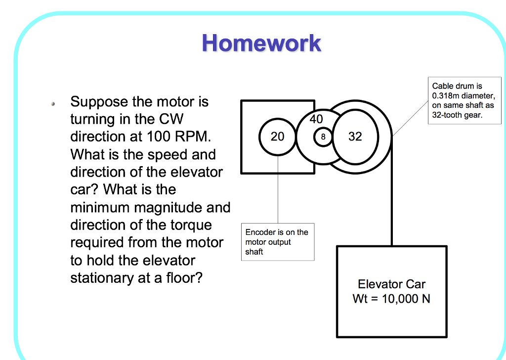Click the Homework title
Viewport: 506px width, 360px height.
click(261, 44)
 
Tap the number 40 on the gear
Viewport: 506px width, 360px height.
click(316, 119)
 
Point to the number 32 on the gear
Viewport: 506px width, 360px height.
click(355, 137)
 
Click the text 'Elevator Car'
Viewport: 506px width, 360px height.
click(391, 284)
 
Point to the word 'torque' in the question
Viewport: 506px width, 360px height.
click(190, 225)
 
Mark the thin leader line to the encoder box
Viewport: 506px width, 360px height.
click(278, 198)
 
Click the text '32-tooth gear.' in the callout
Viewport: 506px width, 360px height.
click(457, 115)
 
